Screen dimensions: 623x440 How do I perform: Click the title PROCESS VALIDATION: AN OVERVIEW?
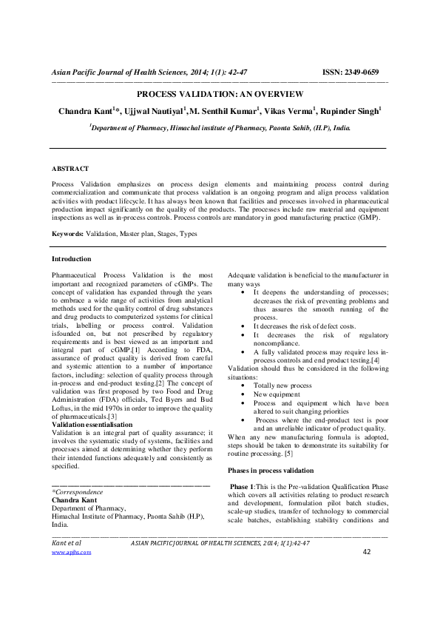point(220,94)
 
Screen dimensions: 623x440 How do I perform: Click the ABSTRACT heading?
point(70,169)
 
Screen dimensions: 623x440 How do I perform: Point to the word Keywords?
point(67,234)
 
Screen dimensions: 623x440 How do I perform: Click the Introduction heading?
point(71,259)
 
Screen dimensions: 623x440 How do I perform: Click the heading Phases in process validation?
point(270,471)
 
